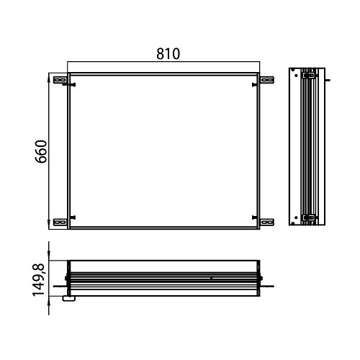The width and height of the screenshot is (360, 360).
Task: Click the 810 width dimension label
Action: point(168,54)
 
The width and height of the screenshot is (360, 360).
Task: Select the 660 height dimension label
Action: point(41,151)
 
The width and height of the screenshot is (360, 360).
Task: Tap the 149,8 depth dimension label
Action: point(38,280)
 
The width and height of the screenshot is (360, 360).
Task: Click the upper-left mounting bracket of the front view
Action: point(60,80)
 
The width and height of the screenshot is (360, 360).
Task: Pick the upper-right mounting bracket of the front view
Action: point(267,80)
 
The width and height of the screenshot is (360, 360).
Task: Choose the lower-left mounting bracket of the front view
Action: point(60,222)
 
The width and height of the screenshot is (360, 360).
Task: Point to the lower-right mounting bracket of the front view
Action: point(267,222)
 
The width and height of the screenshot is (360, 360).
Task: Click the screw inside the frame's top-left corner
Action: point(73,85)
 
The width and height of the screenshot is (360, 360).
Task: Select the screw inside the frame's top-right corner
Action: point(255,85)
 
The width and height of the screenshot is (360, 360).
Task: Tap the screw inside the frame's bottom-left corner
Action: point(73,217)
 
